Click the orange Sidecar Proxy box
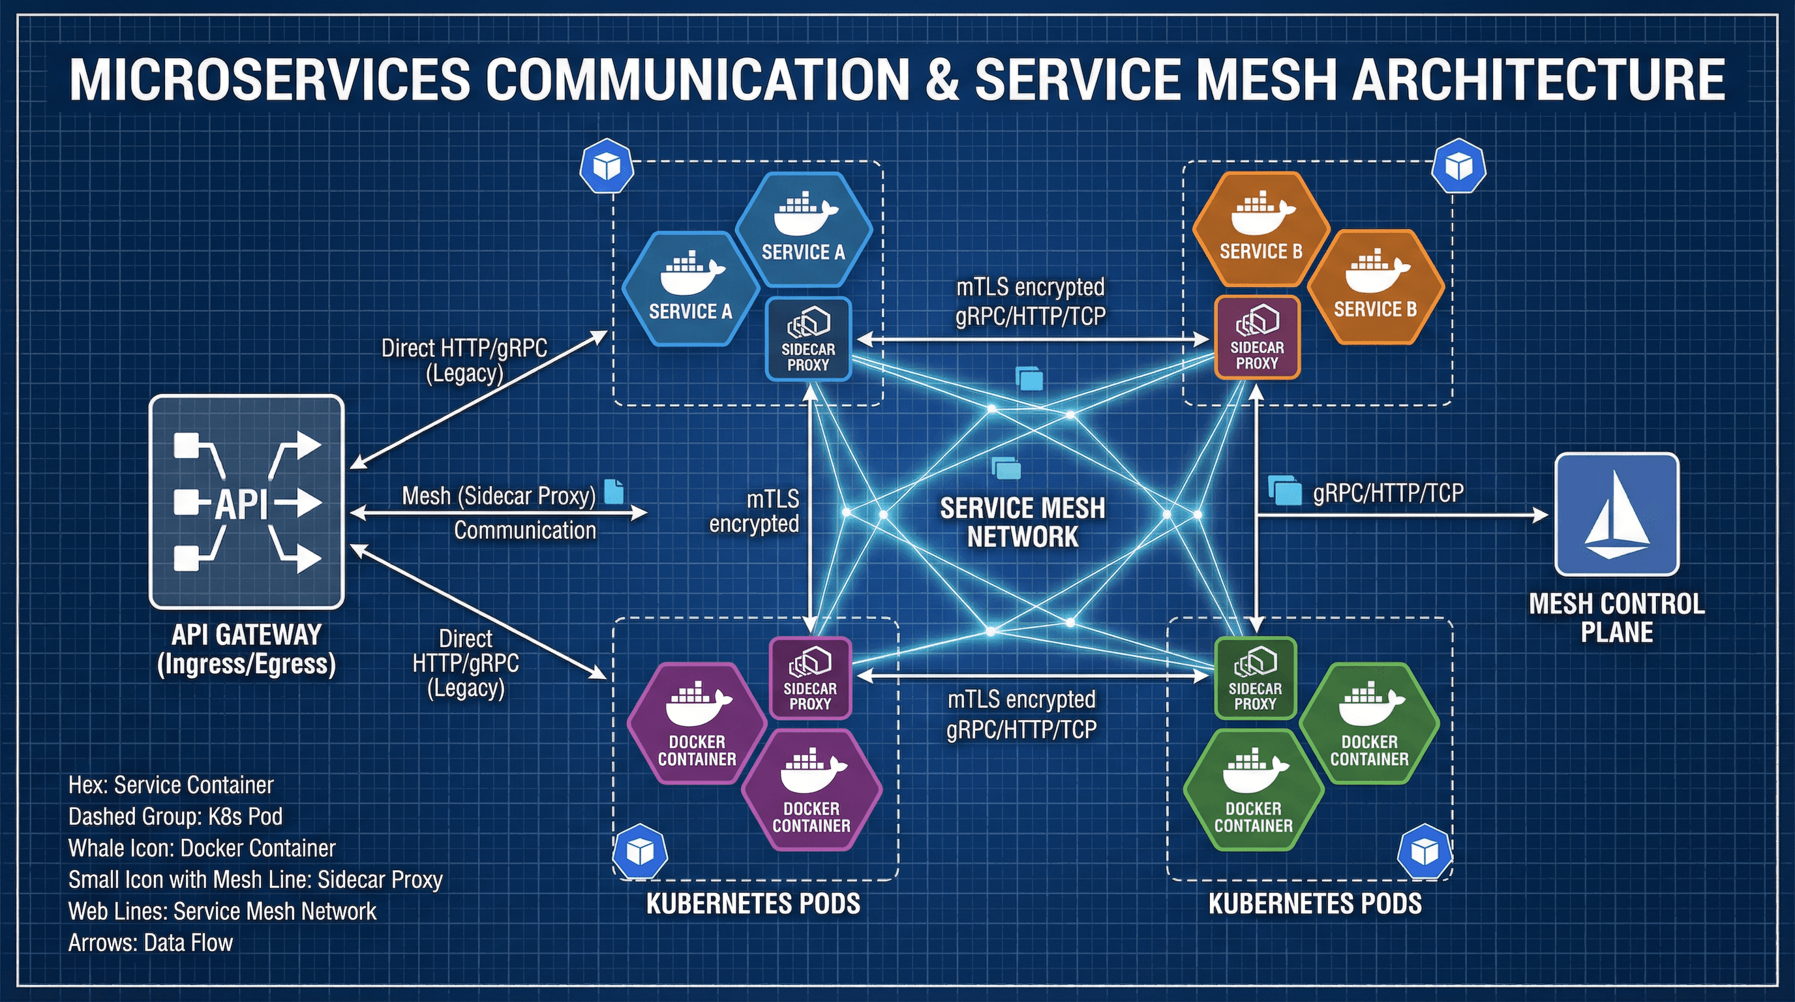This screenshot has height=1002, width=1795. click(x=1257, y=338)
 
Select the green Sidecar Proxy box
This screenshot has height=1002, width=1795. click(x=1255, y=678)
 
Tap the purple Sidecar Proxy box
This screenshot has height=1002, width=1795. click(x=810, y=678)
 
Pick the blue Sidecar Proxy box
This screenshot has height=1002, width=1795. click(x=808, y=339)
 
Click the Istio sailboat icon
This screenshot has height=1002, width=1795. click(x=1617, y=514)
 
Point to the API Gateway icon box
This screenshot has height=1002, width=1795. click(x=247, y=502)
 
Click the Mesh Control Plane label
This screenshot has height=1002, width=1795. click(x=1617, y=617)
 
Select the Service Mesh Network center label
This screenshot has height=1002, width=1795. click(x=1022, y=522)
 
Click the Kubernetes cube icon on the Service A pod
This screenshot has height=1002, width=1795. click(x=606, y=166)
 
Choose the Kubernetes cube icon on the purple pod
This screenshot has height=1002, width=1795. click(x=640, y=851)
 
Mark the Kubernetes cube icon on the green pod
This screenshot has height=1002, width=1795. click(x=1425, y=851)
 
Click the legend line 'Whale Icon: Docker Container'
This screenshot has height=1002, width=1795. click(x=202, y=848)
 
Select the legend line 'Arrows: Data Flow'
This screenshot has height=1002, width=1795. click(x=151, y=943)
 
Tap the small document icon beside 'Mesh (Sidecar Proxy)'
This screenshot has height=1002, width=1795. click(x=613, y=491)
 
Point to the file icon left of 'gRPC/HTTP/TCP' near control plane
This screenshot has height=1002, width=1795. click(x=1284, y=491)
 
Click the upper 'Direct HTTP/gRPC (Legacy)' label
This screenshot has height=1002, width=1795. click(x=465, y=360)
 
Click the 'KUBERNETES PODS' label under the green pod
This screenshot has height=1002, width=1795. click(x=1315, y=903)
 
